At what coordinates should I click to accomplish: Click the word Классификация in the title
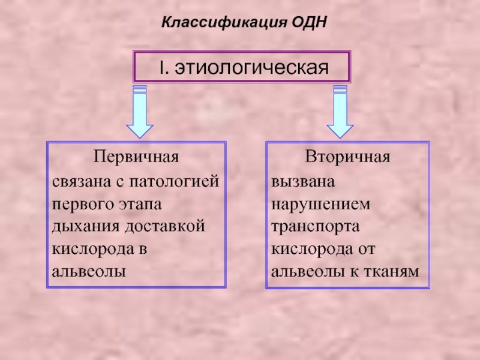224,22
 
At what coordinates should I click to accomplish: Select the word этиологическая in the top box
251,68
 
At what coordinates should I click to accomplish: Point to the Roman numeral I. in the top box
164,67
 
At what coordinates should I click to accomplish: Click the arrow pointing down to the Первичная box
140,112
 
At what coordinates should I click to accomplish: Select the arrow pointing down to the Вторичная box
340,112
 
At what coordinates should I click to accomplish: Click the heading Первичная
136,157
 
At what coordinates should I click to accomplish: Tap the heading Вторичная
347,157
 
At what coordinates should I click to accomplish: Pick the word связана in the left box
82,182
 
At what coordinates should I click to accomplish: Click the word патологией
174,182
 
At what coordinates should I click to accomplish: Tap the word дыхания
86,227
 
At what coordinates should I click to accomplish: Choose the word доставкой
165,226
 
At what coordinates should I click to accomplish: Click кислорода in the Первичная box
93,250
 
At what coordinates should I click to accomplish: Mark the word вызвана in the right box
303,182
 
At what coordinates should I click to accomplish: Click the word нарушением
321,205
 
